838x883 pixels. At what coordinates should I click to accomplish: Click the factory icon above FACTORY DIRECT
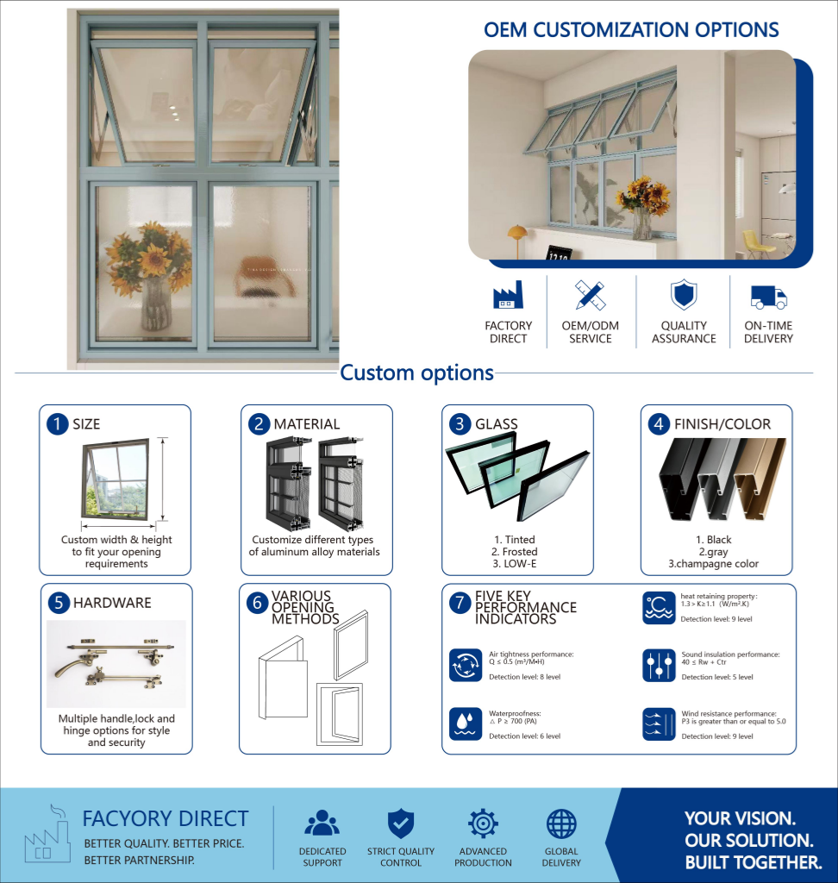tap(508, 295)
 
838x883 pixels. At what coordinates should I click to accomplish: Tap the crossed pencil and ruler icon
tap(590, 295)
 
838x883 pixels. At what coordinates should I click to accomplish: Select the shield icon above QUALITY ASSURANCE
tap(684, 294)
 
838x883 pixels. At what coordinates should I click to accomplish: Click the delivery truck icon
tap(769, 297)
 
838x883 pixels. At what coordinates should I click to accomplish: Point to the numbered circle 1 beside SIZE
tap(57, 424)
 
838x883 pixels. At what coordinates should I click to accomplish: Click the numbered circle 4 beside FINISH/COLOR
tap(659, 424)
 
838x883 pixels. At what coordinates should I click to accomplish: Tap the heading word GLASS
tap(496, 424)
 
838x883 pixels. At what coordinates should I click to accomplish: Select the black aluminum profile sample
tap(680, 479)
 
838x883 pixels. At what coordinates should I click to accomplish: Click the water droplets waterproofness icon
tap(466, 723)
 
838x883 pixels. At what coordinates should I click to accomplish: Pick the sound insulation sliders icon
tap(659, 665)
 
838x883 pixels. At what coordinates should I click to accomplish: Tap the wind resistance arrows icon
tap(659, 723)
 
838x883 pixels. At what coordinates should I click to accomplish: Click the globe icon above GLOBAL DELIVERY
tap(561, 824)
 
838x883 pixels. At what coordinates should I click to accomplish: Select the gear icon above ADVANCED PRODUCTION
tap(483, 824)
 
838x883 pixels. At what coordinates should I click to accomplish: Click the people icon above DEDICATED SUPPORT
tap(322, 823)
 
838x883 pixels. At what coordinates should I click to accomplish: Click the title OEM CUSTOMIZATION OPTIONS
tap(631, 30)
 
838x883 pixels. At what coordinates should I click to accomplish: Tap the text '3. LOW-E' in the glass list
tap(514, 564)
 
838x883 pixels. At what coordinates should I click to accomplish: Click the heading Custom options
tap(416, 373)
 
